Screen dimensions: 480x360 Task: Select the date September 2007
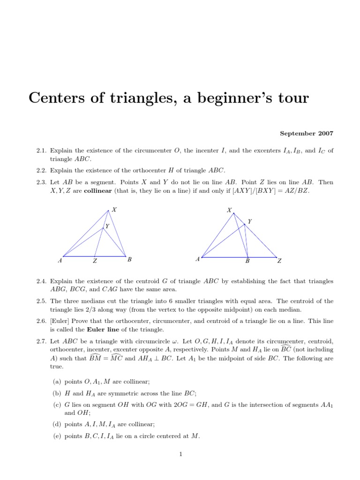(x=307, y=134)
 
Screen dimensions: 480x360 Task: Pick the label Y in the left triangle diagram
(x=107, y=226)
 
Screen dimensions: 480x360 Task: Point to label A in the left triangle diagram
(x=60, y=260)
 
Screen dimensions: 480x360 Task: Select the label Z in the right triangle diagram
(x=279, y=261)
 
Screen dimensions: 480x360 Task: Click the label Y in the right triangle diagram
(x=249, y=221)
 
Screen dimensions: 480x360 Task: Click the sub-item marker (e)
(x=55, y=436)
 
